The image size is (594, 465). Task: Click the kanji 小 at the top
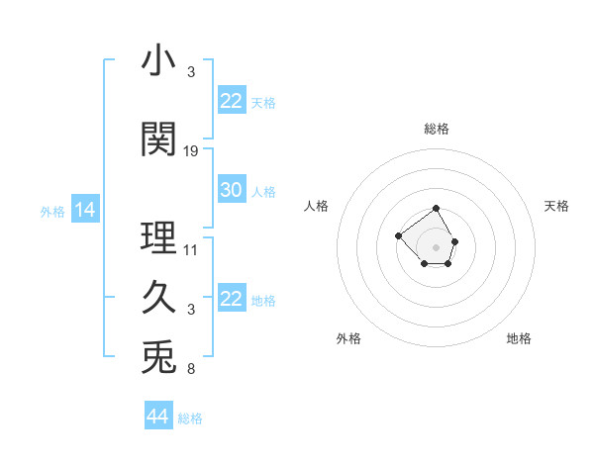coord(158,61)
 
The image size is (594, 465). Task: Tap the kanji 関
coord(158,139)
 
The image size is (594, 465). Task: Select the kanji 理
coord(158,238)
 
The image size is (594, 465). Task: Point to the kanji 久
coord(158,298)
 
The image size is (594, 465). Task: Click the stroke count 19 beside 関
coord(191,151)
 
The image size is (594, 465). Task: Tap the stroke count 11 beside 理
coord(191,250)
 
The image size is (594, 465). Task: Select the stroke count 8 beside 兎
coord(191,369)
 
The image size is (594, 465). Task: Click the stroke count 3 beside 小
coord(191,72)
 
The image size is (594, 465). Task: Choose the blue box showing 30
coord(231,191)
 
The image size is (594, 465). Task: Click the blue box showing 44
coord(157,418)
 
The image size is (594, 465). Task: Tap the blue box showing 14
coord(84,210)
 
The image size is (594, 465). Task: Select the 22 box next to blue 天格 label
coord(231,101)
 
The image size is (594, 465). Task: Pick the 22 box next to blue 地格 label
coord(231,299)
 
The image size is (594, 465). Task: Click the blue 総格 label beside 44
coord(190,418)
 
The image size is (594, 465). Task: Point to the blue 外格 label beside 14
coord(52,211)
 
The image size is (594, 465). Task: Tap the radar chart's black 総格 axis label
coord(437,129)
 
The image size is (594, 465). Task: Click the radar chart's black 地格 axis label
coord(519,338)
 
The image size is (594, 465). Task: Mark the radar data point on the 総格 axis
coord(437,210)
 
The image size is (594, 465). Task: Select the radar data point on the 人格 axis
coord(398,235)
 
